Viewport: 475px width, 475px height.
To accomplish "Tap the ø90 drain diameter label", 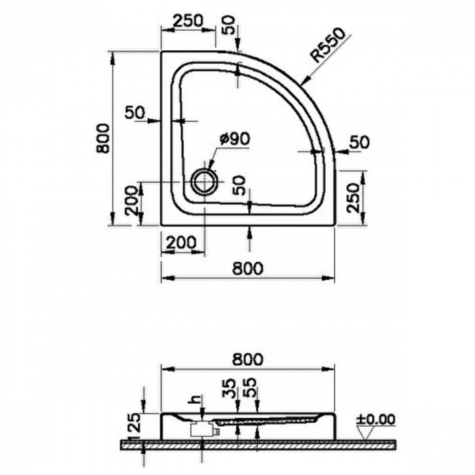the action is [235, 139].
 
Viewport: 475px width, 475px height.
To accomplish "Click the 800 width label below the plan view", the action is [248, 269].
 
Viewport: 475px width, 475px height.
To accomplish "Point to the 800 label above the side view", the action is [248, 360].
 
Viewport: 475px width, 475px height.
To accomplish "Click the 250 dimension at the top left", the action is [187, 21].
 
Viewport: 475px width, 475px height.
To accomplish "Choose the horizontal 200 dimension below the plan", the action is [182, 242].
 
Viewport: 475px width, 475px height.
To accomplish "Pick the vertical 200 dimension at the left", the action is [132, 201].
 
